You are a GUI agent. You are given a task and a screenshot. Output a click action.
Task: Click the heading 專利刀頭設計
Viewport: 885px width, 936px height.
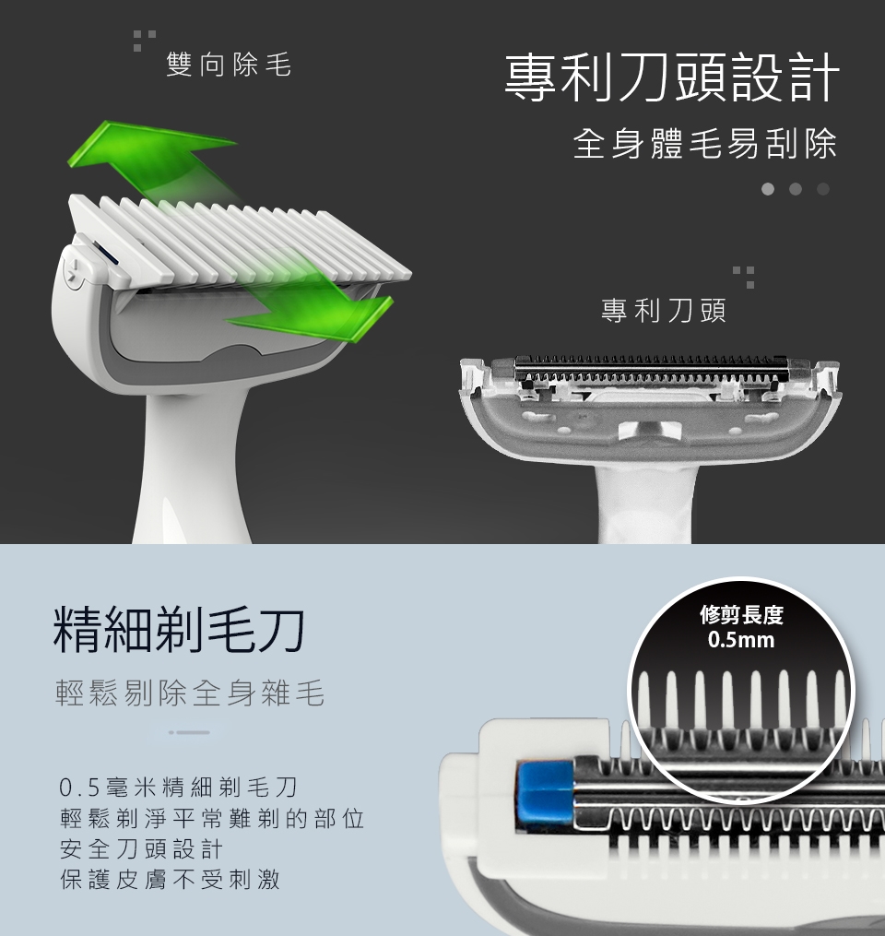[x=672, y=77]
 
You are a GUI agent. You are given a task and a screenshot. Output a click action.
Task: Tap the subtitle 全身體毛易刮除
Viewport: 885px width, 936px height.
[x=705, y=144]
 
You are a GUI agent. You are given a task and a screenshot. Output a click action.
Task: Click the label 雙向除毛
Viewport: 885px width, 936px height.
[x=230, y=65]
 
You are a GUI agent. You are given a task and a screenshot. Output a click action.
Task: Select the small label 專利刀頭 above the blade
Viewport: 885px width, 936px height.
[x=664, y=311]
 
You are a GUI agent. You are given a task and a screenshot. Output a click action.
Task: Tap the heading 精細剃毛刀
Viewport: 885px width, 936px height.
[x=179, y=630]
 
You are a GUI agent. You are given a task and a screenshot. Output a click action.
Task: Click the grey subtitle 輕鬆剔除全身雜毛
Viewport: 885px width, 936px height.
[x=190, y=693]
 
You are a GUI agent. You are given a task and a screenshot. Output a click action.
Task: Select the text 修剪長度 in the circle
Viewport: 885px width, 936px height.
[x=742, y=614]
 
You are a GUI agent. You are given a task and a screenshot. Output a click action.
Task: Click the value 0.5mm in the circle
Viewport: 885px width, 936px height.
[x=741, y=640]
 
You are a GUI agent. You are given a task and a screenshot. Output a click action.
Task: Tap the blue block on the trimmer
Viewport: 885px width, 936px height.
[x=546, y=793]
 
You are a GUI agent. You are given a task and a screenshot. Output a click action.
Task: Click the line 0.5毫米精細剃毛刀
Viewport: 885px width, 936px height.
[x=179, y=788]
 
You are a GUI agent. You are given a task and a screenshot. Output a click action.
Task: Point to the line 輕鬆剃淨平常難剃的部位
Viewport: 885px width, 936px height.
[x=212, y=818]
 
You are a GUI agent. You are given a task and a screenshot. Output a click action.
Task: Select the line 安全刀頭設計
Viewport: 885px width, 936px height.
[x=141, y=848]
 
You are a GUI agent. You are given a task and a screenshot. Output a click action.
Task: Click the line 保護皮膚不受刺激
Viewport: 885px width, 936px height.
[x=170, y=879]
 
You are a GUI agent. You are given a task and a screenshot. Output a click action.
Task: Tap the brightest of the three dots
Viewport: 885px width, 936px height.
[x=768, y=189]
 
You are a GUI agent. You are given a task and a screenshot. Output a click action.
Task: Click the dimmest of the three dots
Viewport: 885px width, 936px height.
[x=823, y=189]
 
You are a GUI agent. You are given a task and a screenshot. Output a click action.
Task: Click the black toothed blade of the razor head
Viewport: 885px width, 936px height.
[x=651, y=368]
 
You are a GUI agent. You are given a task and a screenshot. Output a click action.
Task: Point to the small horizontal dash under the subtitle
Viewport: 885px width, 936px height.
[x=189, y=732]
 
